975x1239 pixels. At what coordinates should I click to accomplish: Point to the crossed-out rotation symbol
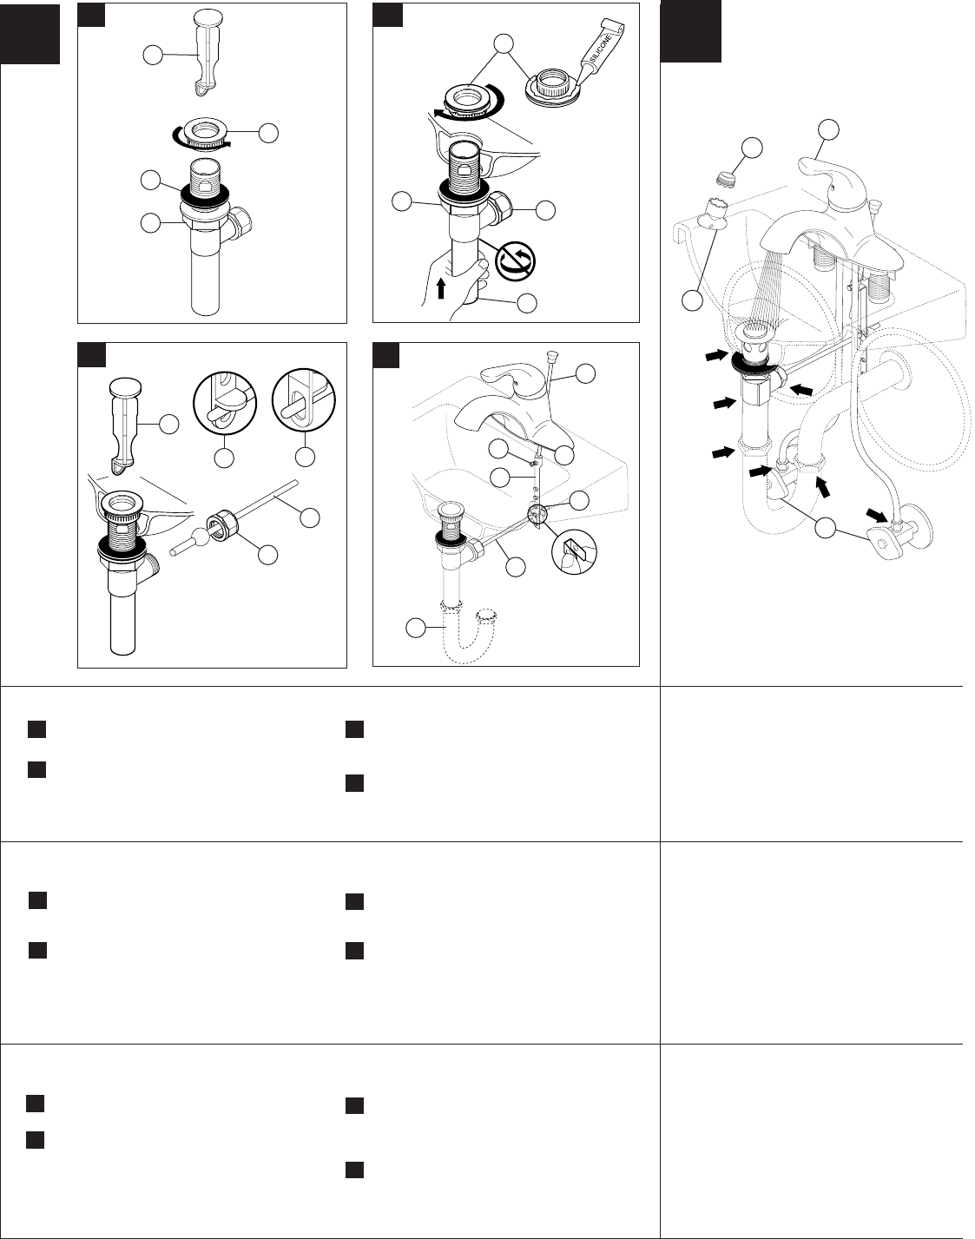pos(516,261)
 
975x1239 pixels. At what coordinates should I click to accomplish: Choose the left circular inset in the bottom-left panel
pos(225,401)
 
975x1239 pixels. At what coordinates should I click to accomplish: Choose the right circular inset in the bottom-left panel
pos(304,400)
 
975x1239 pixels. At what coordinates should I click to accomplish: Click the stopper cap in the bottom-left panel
pos(125,387)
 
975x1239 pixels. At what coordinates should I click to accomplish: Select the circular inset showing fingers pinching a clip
pos(574,552)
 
